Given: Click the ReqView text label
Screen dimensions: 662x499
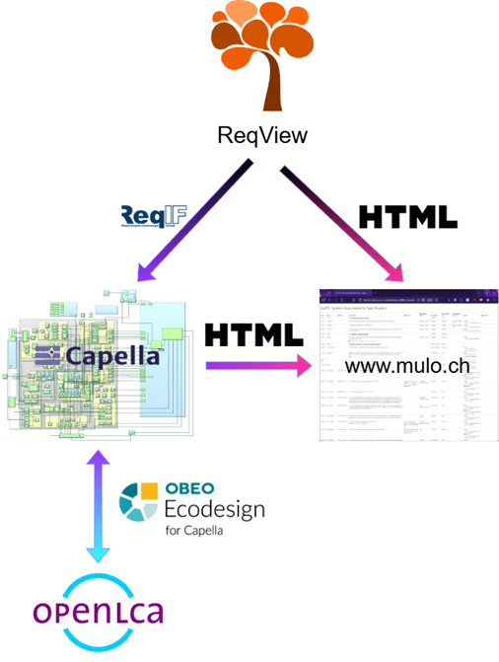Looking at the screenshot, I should pyautogui.click(x=262, y=134).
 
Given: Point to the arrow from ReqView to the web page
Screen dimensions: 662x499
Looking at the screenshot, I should pyautogui.click(x=344, y=223).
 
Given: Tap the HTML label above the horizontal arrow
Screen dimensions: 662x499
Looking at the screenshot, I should pyautogui.click(x=253, y=334).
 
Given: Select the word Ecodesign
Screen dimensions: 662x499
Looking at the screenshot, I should pyautogui.click(x=203, y=510).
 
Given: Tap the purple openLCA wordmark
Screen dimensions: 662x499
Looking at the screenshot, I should pyautogui.click(x=98, y=612).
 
